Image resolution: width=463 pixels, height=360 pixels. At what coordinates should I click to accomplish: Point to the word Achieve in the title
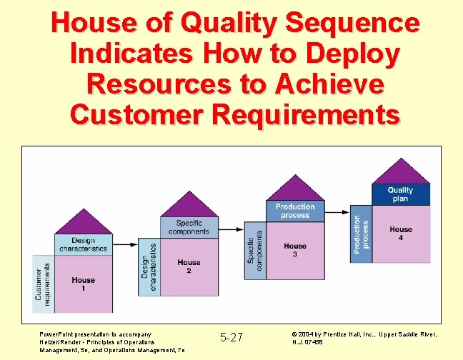point(335,84)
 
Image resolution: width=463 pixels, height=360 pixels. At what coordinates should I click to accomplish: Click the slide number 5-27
point(231,337)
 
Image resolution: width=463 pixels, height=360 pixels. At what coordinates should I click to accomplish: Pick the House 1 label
point(83,284)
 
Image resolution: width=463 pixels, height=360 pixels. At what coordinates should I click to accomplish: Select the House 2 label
point(189,266)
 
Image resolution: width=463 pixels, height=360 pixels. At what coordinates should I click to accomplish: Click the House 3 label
point(294,250)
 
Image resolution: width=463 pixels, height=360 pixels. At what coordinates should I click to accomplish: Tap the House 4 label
point(401,234)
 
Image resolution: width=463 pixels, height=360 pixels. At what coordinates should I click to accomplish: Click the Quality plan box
point(401,194)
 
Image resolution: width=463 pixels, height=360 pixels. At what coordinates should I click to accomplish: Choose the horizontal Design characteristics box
point(83,245)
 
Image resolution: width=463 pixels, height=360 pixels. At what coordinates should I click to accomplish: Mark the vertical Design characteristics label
point(149,266)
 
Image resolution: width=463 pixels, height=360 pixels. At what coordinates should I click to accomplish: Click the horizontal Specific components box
point(189,227)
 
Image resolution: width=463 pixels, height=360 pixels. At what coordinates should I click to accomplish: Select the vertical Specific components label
point(255,249)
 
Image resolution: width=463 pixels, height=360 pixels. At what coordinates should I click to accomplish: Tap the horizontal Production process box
point(294,211)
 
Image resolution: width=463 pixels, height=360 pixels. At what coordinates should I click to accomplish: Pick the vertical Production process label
point(362,234)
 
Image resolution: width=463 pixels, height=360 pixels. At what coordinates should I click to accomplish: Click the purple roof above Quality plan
point(401,172)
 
